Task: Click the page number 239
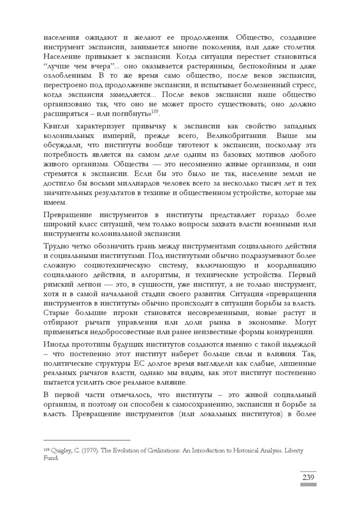click(x=308, y=477)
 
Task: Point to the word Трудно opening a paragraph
click(x=58, y=247)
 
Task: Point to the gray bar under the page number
click(x=308, y=485)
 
